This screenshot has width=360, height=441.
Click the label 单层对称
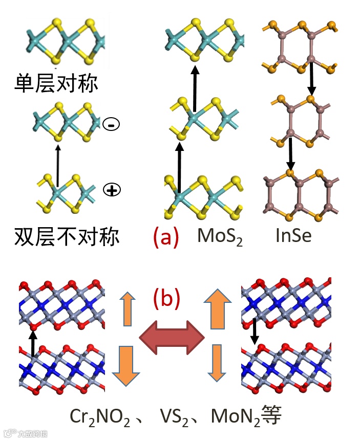coord(56,82)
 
